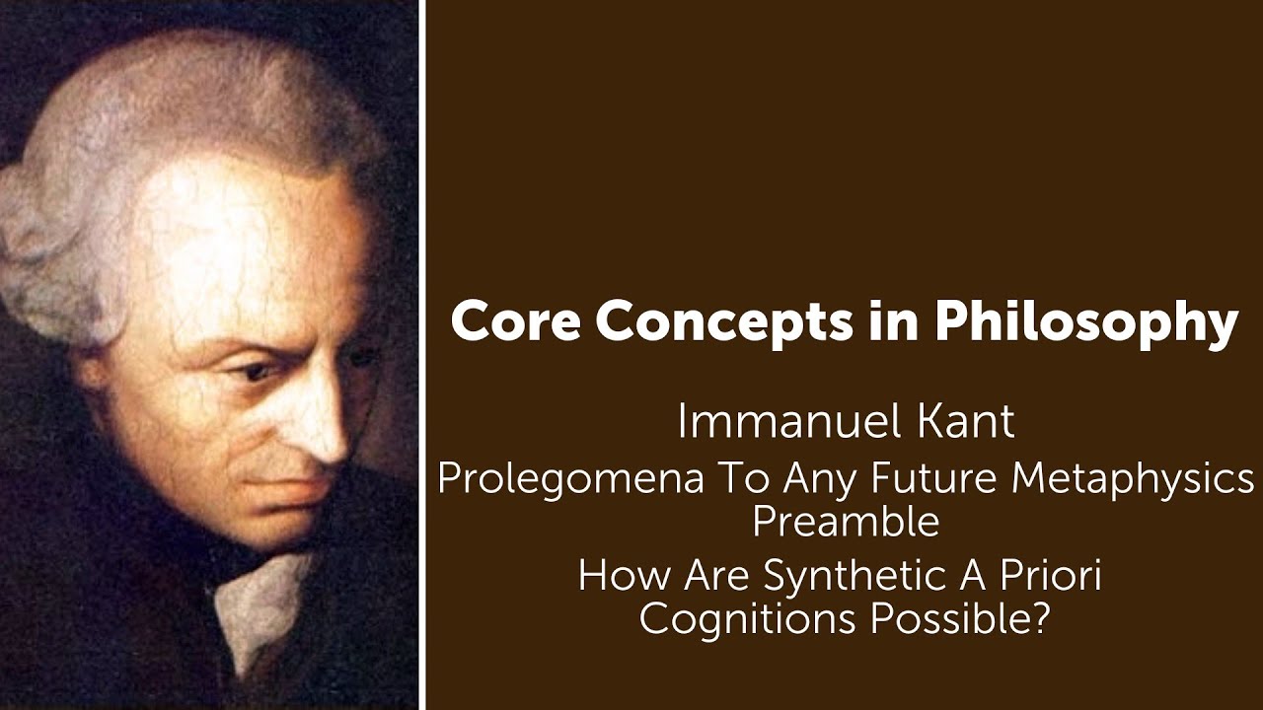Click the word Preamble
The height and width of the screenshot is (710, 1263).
(846, 522)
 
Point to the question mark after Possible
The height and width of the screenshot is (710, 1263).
(1037, 618)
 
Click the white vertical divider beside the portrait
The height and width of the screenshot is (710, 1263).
(422, 355)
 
